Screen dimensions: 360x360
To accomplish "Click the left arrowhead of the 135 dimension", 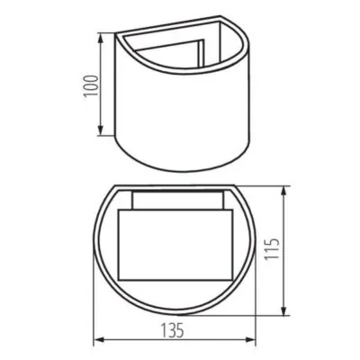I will point(97,340).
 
